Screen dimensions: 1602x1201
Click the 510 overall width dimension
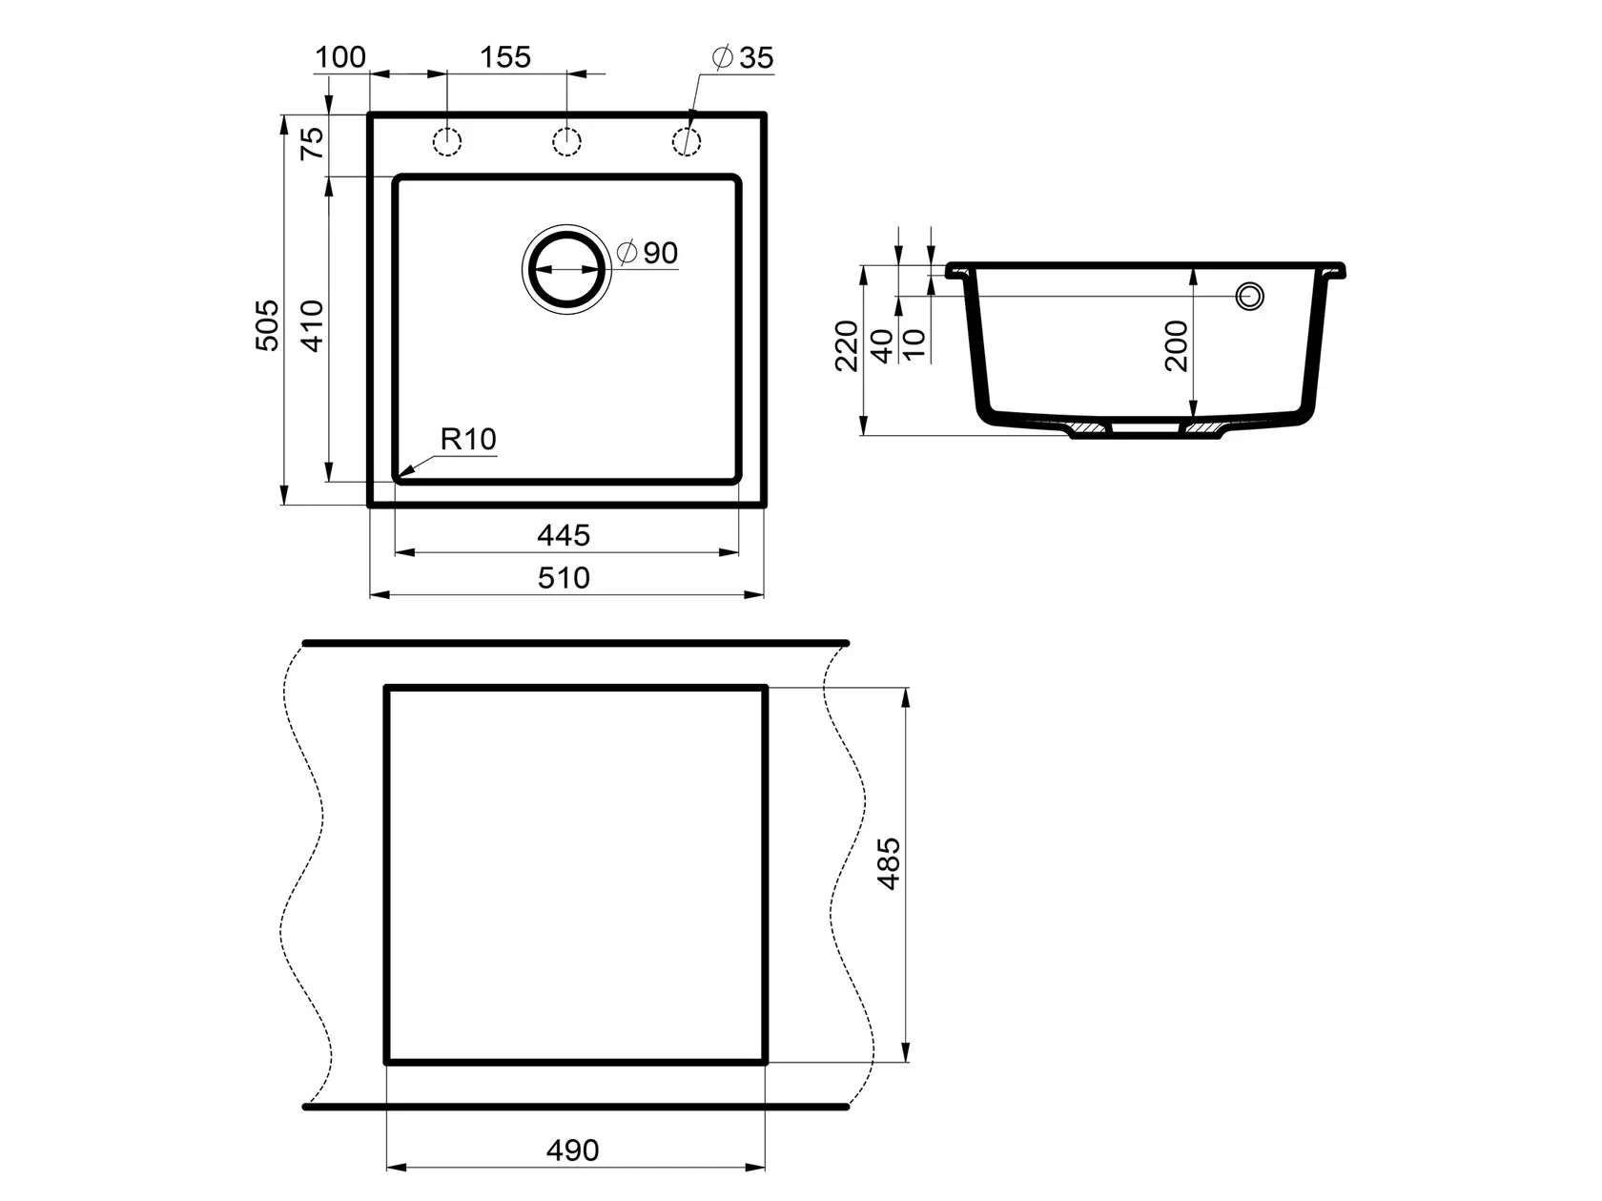point(564,578)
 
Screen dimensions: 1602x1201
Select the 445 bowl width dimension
point(564,536)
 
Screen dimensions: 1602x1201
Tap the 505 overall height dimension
point(267,325)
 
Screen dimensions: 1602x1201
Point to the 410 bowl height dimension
point(312,325)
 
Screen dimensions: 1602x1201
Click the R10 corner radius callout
point(468,440)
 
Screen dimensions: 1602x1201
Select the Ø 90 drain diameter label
point(647,253)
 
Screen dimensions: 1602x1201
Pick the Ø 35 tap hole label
point(742,57)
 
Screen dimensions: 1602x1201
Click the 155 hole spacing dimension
point(505,57)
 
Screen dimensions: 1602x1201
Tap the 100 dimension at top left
point(340,57)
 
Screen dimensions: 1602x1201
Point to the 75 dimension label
point(312,143)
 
